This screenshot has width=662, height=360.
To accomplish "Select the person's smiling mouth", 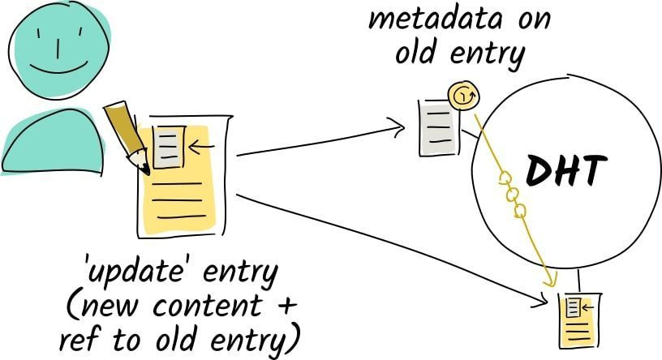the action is (57, 68).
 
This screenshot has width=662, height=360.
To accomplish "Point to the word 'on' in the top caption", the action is (531, 18).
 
